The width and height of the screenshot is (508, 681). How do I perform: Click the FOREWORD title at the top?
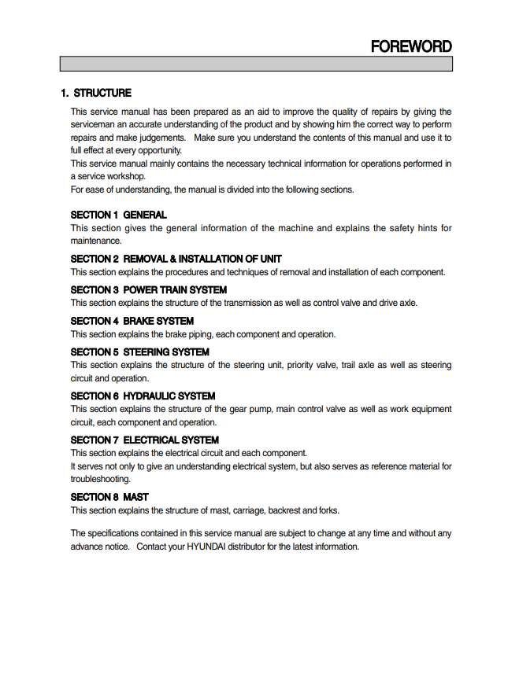tap(411, 46)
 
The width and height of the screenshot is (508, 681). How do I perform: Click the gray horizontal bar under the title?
tap(256, 64)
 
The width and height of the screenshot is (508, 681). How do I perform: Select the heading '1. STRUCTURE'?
tap(96, 93)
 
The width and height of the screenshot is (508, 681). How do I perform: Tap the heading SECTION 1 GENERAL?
tap(118, 215)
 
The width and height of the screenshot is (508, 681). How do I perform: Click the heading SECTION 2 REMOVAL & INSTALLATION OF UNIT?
tap(176, 259)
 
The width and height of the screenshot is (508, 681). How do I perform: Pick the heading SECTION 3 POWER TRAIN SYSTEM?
tap(148, 290)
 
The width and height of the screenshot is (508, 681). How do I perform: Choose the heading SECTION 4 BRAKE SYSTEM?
tap(132, 321)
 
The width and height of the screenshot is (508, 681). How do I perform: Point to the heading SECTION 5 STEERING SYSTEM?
tap(139, 352)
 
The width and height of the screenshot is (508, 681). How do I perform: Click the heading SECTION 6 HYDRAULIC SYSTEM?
tap(143, 396)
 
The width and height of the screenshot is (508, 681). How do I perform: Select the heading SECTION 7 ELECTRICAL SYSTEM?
tap(144, 440)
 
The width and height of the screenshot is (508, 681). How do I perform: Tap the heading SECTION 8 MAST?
tap(109, 497)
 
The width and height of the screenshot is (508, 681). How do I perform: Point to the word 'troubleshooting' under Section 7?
tap(100, 478)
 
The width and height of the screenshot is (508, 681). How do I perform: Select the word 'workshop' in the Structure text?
tap(126, 176)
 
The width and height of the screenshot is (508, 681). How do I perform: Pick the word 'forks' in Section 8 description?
tap(327, 510)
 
